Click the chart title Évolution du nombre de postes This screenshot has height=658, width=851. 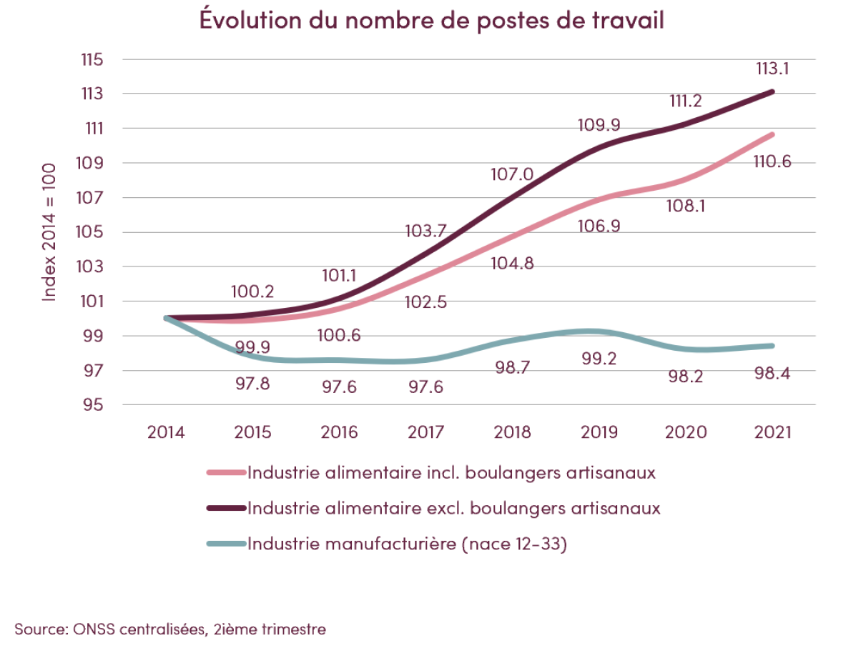[432, 21]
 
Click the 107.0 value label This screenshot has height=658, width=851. [512, 174]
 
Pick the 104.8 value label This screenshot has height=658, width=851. [512, 262]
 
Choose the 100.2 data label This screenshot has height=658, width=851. [253, 291]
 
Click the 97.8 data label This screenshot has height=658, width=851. [253, 384]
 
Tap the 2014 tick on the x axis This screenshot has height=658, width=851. [166, 433]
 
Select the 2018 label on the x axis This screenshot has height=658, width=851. [513, 433]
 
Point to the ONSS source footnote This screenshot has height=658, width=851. [170, 629]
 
